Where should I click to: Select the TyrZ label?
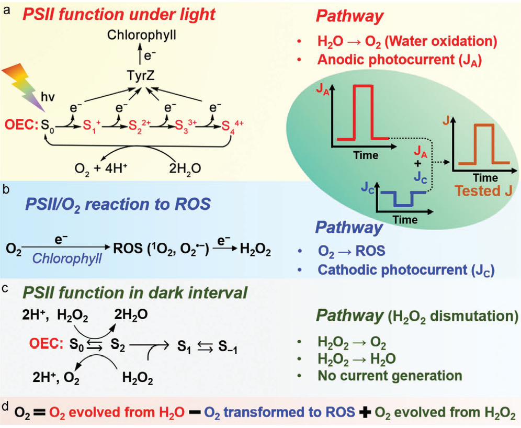click(x=141, y=76)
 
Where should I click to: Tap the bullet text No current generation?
click(x=390, y=375)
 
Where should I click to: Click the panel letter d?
click(x=6, y=406)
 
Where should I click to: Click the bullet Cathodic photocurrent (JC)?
click(x=404, y=269)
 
